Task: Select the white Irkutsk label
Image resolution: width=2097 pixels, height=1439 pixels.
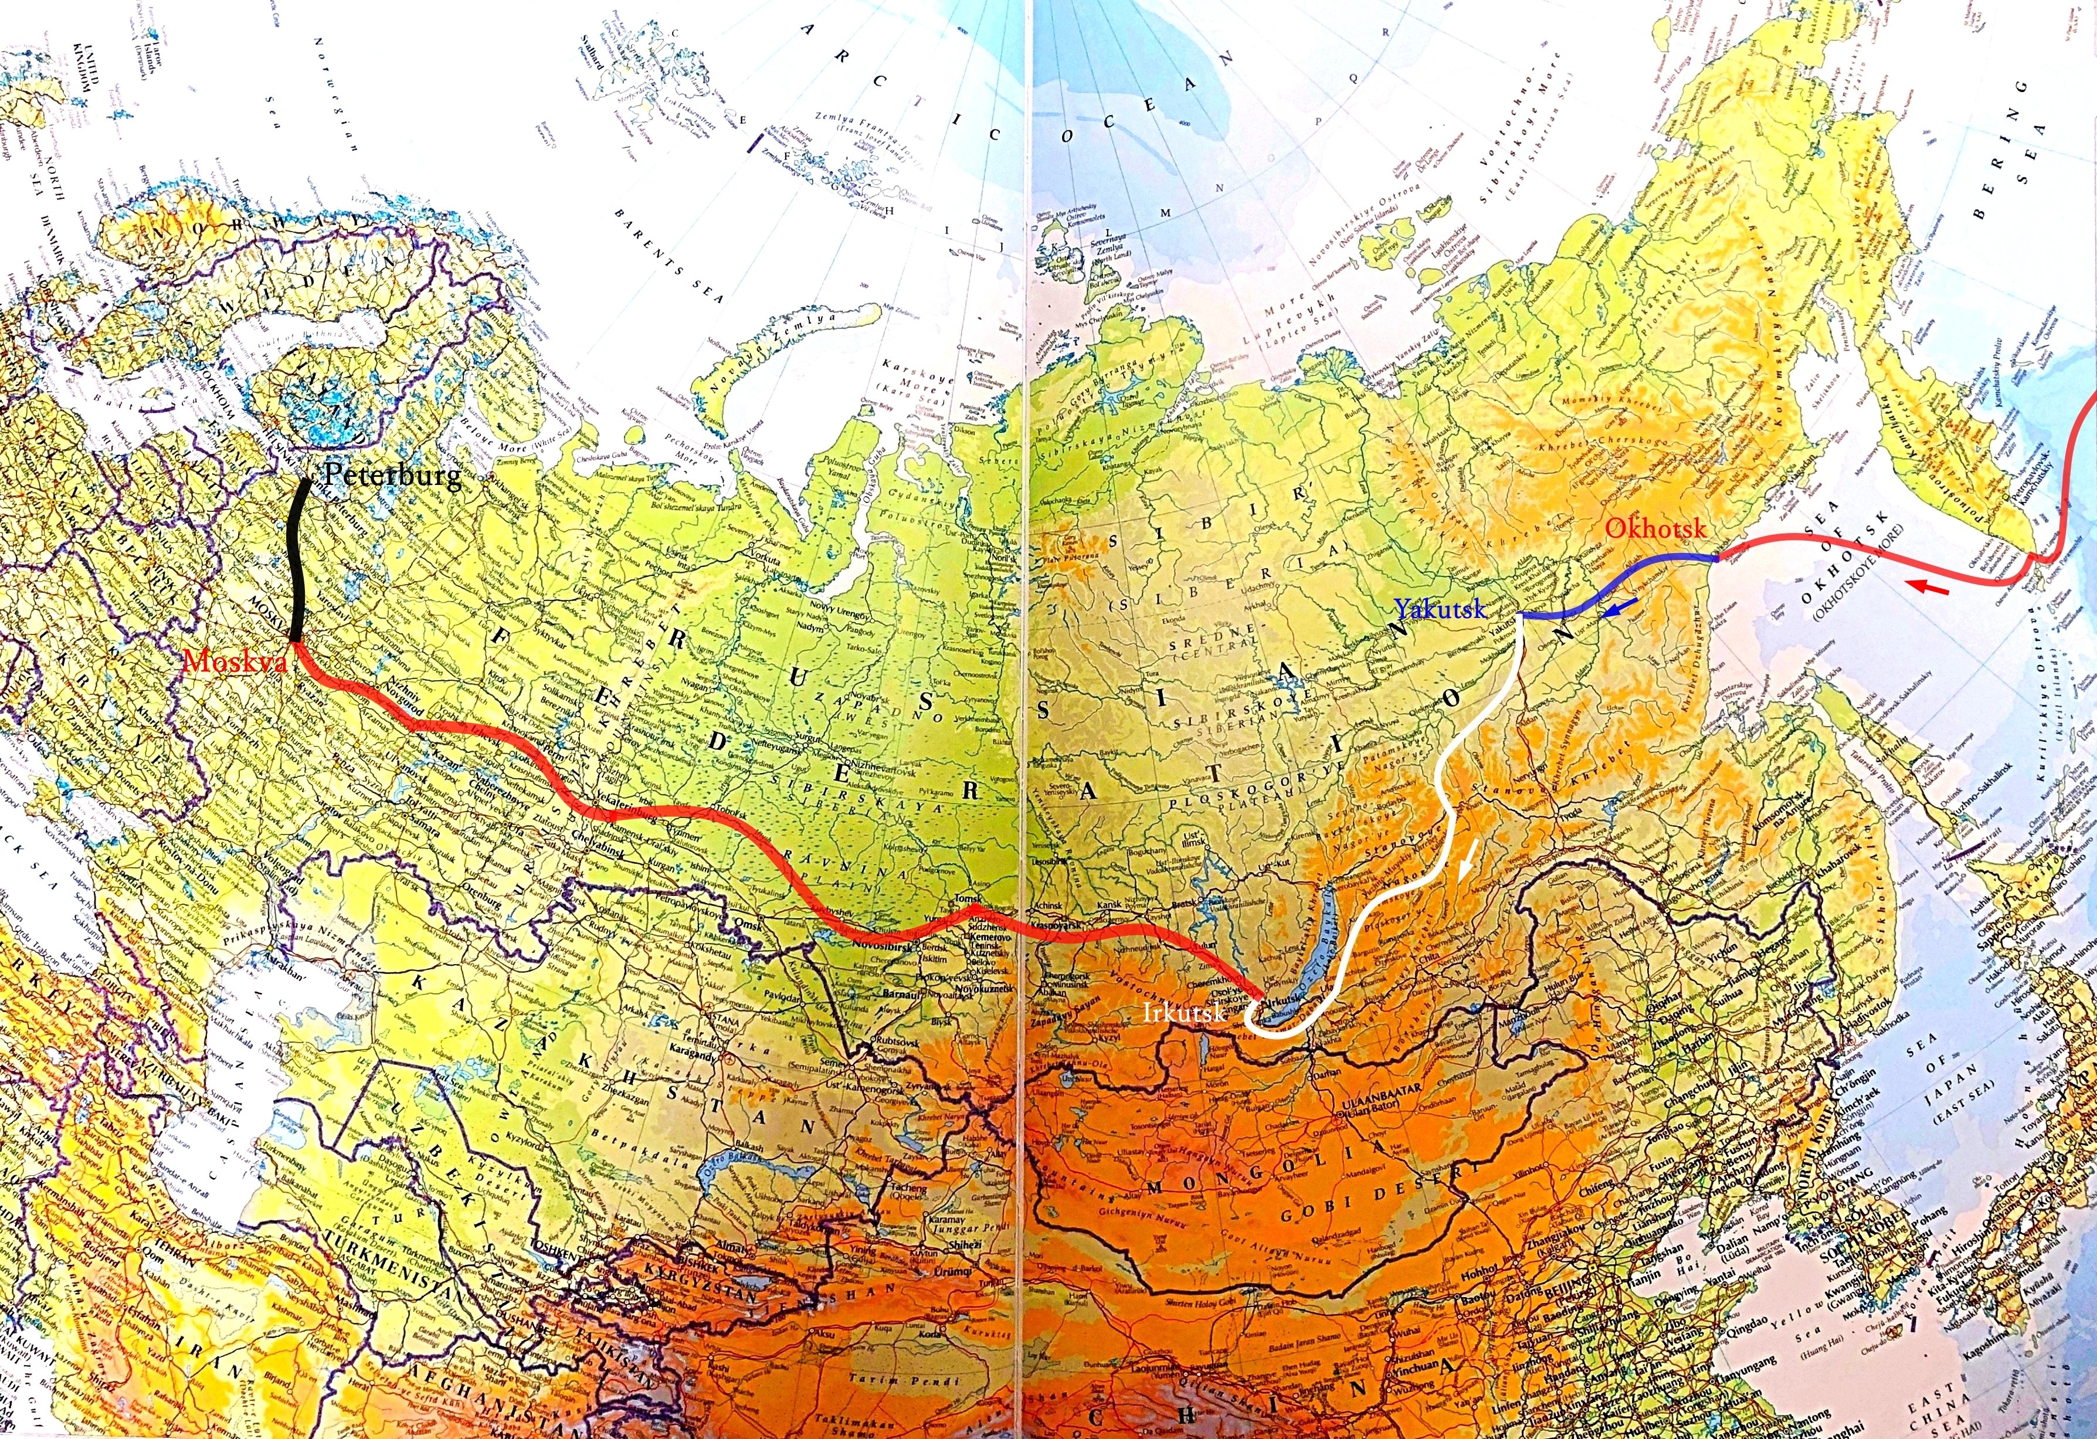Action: click(x=1183, y=1012)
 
